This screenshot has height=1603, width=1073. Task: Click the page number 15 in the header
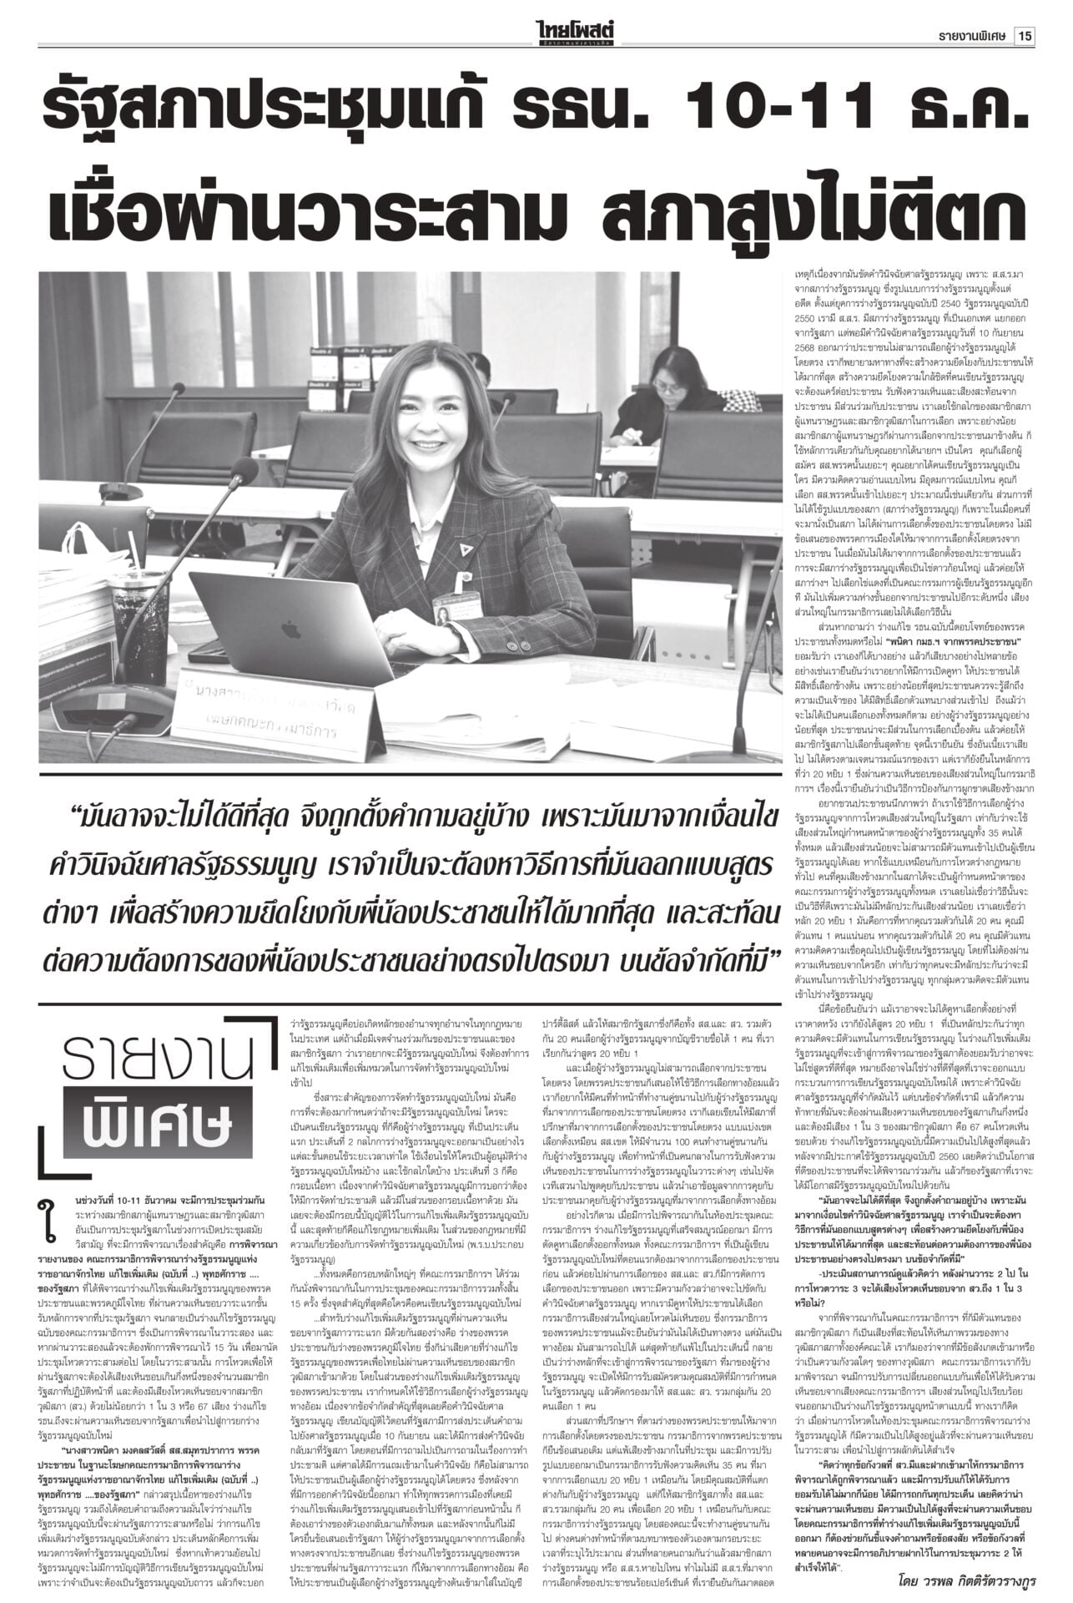coord(1025,14)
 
